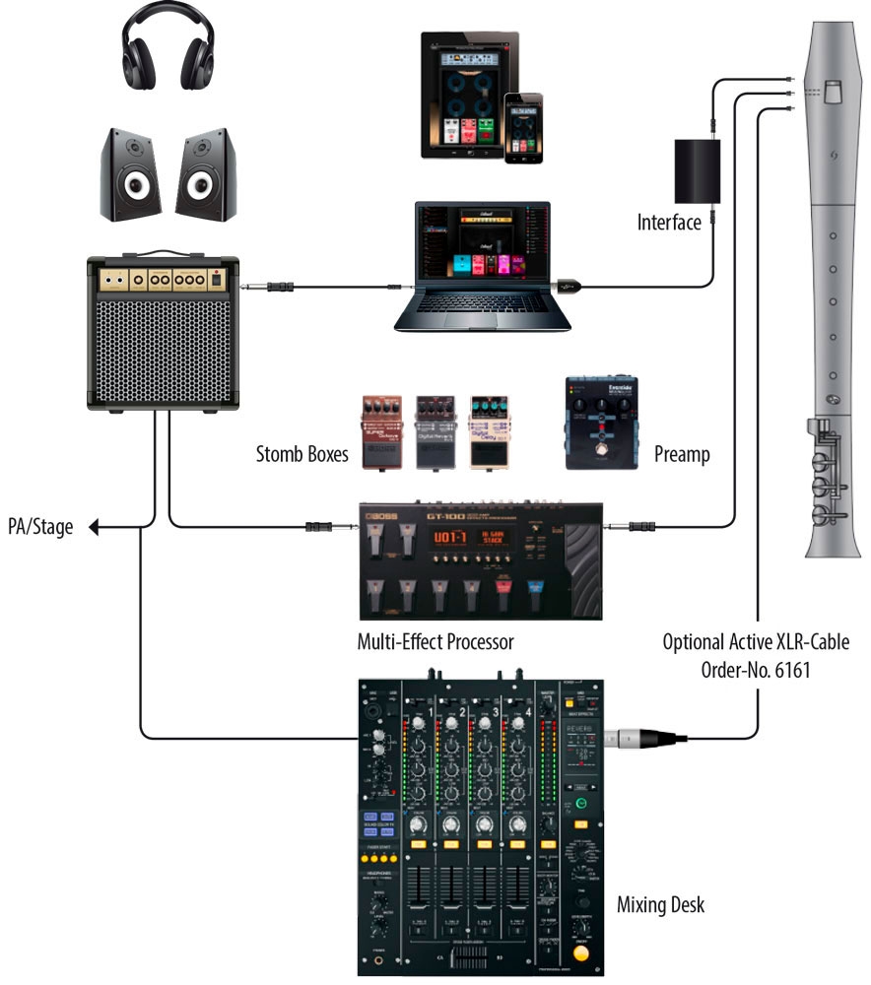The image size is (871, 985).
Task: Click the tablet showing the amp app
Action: coord(462,94)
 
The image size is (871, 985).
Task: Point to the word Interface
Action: coord(669,222)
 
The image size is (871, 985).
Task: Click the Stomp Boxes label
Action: coord(301,454)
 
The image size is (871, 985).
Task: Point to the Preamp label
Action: coord(682,454)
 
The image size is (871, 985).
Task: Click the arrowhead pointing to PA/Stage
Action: coord(95,529)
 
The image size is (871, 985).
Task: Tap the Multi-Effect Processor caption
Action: coord(436,643)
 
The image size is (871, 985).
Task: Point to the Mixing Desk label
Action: coord(660,903)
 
